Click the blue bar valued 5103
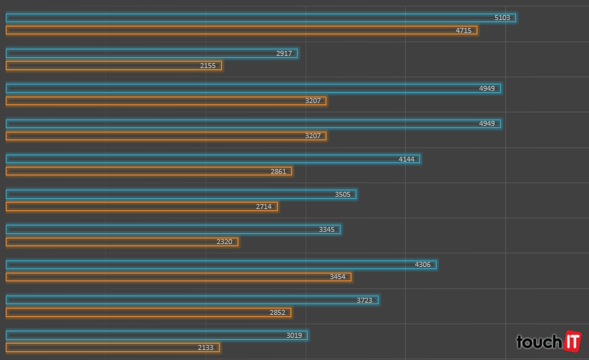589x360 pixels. [261, 18]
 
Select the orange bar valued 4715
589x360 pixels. [241, 30]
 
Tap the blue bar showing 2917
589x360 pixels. [152, 53]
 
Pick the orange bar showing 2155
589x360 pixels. [114, 65]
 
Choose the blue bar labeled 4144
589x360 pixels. [213, 159]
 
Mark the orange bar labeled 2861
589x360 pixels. [149, 171]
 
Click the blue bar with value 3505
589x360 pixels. [181, 194]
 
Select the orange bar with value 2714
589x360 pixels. [142, 206]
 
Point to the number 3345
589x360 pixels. [326, 230]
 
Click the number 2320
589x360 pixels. [224, 242]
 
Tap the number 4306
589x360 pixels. [423, 265]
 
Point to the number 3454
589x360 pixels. [337, 277]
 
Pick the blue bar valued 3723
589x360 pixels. [192, 300]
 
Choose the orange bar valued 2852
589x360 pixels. [148, 312]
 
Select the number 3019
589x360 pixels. [294, 335]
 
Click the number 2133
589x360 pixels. [205, 347]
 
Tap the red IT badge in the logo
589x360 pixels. [572, 341]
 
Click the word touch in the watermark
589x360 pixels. [539, 342]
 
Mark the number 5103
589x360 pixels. [502, 18]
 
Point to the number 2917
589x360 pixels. [284, 53]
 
